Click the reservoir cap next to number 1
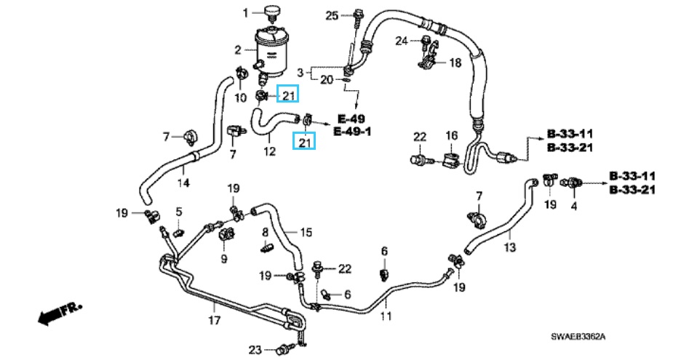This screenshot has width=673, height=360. (273, 12)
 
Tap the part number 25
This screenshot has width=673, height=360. (332, 15)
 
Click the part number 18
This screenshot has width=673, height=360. (455, 63)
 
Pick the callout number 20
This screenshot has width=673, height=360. (326, 79)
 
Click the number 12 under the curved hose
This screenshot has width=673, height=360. (269, 152)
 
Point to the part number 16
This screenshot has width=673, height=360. (451, 136)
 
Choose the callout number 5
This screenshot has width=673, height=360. (178, 212)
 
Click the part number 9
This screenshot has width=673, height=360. (224, 258)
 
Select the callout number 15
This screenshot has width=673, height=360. (306, 233)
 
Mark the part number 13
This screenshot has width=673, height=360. (509, 248)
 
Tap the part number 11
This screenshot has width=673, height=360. (386, 316)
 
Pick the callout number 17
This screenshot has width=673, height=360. (214, 320)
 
